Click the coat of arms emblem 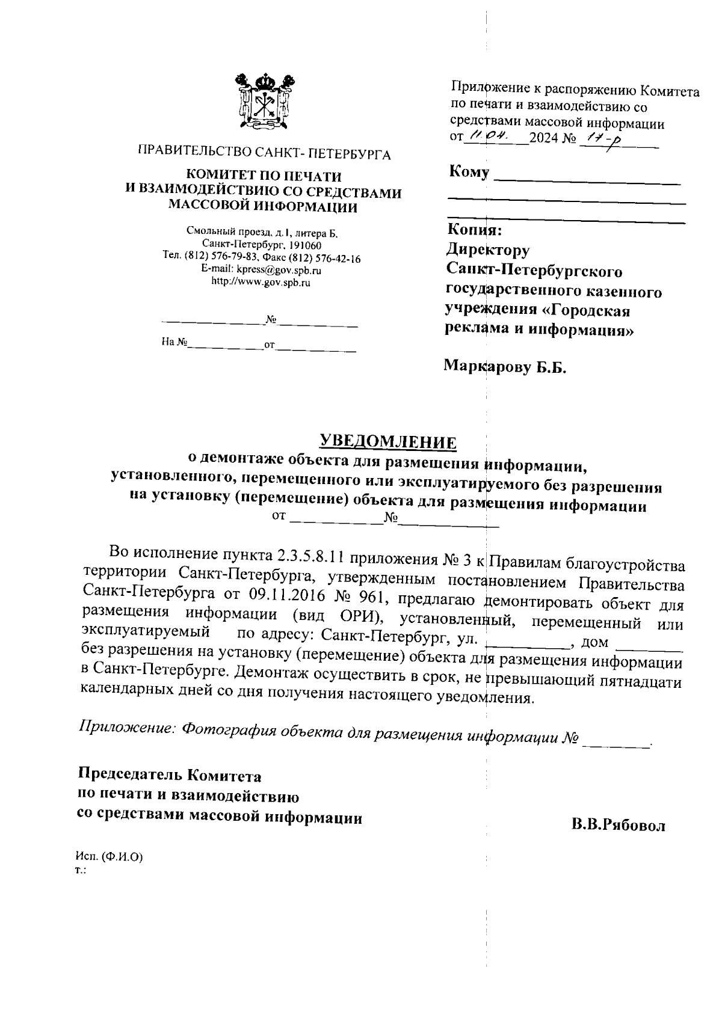coord(265,102)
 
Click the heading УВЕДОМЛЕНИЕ coord(387,442)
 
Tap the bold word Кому coord(469,173)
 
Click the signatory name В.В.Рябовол coord(618,826)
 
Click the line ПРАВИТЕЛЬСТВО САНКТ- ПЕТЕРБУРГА coord(264,155)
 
